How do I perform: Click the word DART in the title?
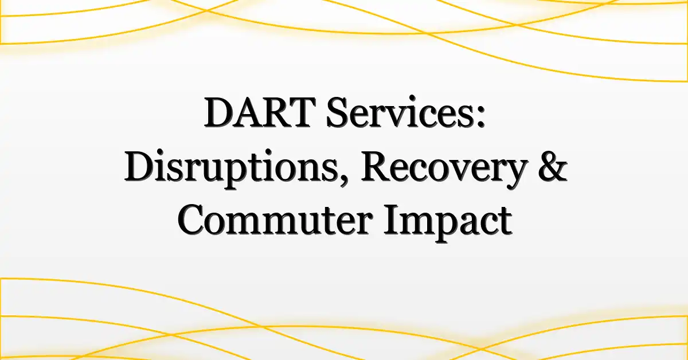point(260,113)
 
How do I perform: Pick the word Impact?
point(448,222)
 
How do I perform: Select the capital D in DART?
point(220,113)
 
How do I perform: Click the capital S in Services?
point(337,112)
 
